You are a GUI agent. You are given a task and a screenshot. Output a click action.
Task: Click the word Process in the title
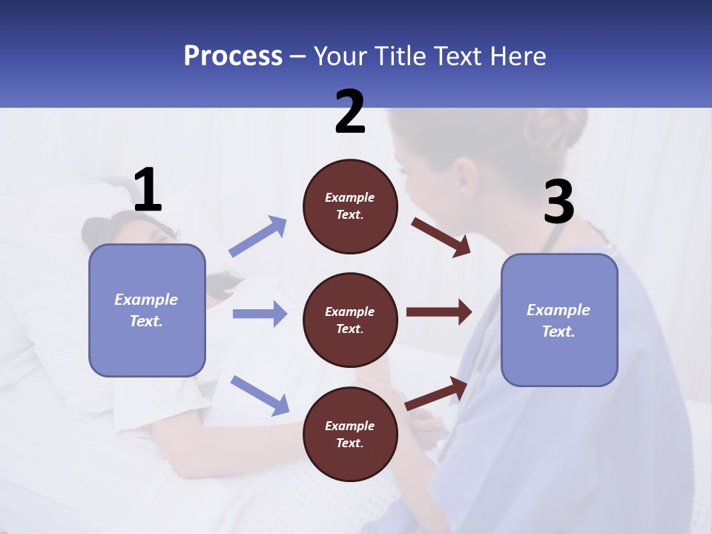[233, 56]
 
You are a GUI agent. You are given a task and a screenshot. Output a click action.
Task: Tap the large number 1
[148, 190]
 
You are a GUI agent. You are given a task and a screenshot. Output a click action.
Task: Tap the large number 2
[350, 112]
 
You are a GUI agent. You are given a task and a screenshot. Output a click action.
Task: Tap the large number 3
[558, 202]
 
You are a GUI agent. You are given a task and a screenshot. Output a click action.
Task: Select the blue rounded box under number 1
[147, 310]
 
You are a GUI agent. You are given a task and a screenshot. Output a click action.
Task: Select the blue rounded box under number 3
[559, 320]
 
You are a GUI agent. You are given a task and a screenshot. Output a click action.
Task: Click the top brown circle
[350, 206]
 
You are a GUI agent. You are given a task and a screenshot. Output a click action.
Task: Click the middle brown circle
[350, 320]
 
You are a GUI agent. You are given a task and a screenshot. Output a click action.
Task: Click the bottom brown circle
[350, 435]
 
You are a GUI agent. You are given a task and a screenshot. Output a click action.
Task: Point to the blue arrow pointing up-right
[258, 236]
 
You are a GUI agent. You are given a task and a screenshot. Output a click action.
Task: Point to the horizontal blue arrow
[260, 314]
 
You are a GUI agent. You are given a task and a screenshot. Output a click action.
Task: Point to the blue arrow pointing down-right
[260, 395]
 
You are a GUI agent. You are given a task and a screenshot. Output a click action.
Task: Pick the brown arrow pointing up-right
[437, 393]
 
